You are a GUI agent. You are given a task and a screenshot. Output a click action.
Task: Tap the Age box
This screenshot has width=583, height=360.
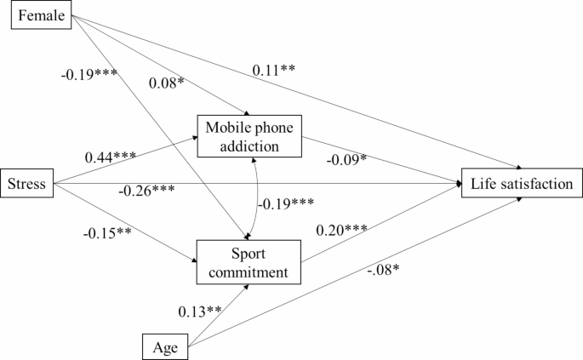tap(165, 346)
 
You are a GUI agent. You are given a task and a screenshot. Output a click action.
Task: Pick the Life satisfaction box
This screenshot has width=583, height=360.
tap(522, 183)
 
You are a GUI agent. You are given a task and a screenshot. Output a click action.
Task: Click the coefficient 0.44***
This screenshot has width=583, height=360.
tap(111, 157)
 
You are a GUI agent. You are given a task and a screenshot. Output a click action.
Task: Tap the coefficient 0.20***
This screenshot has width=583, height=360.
tap(342, 230)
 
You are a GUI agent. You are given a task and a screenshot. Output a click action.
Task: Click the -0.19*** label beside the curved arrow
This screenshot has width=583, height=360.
tap(285, 203)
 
